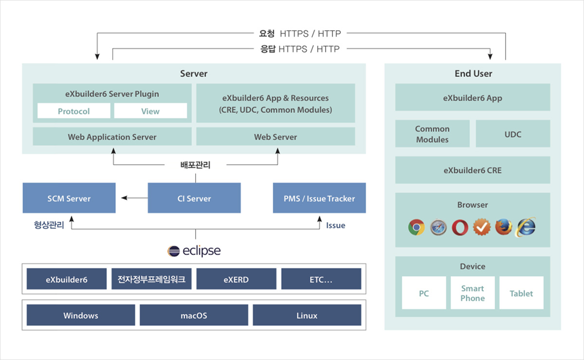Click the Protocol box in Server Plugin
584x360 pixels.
click(x=74, y=111)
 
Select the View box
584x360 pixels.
click(x=150, y=111)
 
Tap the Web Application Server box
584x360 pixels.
click(x=112, y=136)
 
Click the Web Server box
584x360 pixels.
click(x=275, y=136)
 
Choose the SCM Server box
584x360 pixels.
click(x=69, y=198)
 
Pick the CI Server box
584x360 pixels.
click(x=194, y=198)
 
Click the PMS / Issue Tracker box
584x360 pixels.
click(x=319, y=198)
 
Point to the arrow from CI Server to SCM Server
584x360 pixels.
click(x=134, y=198)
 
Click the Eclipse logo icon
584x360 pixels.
click(x=173, y=252)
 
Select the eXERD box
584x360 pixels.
click(x=236, y=279)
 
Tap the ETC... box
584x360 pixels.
click(x=321, y=279)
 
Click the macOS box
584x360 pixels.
click(x=194, y=315)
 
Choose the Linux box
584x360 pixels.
click(x=307, y=315)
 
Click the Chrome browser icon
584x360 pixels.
click(x=417, y=227)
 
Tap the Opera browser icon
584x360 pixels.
click(x=460, y=228)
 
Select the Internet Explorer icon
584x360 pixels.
click(x=526, y=227)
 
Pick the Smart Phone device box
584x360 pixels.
click(x=473, y=293)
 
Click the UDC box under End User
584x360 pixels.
click(x=513, y=133)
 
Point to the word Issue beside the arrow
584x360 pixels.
click(x=335, y=225)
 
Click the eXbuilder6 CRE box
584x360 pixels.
click(x=473, y=170)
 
